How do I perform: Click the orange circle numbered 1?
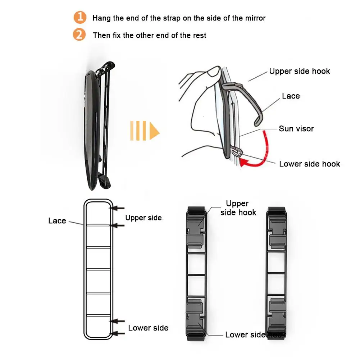(80, 17)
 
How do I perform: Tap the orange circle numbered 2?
(79, 35)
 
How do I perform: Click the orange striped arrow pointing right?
(144, 131)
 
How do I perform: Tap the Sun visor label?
(296, 129)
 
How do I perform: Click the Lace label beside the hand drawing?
(291, 96)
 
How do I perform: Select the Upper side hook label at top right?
(299, 71)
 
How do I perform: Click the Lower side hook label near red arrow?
(309, 164)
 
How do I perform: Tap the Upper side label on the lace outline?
(143, 218)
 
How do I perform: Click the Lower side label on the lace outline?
(148, 328)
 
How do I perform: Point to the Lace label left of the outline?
(57, 221)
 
